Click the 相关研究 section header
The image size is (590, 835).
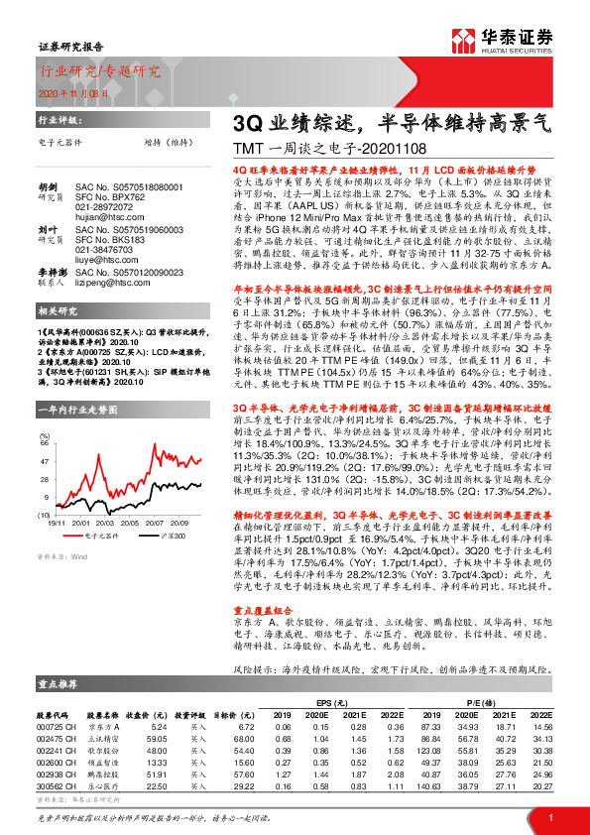pyautogui.click(x=56, y=310)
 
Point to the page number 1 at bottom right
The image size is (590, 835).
pyautogui.click(x=549, y=817)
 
